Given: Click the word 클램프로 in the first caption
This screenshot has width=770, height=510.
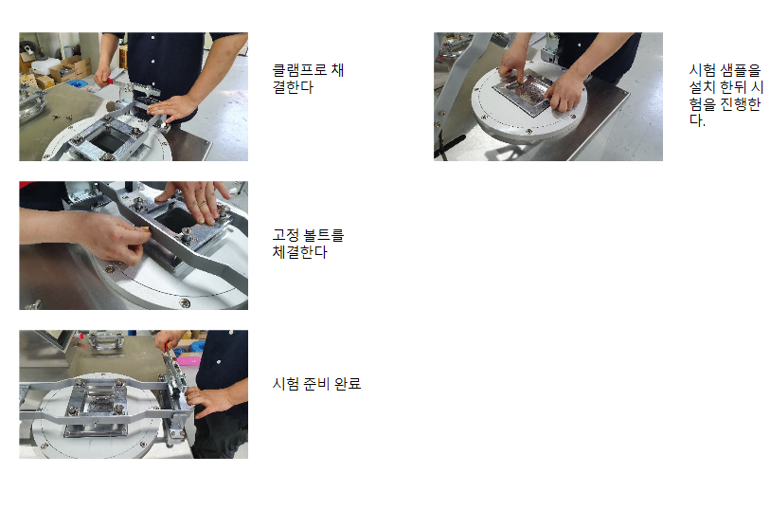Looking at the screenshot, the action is click(300, 70).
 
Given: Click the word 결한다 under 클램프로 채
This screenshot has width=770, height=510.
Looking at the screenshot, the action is click(293, 87).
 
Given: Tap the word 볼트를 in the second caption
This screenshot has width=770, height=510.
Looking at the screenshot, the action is click(324, 235).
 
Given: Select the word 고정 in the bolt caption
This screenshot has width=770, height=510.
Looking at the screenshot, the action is click(286, 235).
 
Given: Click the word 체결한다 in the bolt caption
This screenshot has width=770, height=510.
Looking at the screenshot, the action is click(299, 252).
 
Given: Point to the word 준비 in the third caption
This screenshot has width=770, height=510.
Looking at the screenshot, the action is click(316, 383).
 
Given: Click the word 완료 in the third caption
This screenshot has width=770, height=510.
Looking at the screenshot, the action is click(348, 383).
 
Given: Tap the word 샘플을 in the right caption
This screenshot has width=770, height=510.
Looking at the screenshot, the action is click(740, 70).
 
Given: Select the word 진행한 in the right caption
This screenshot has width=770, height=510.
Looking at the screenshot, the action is click(740, 103).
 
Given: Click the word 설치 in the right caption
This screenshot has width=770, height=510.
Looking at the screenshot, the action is click(702, 87).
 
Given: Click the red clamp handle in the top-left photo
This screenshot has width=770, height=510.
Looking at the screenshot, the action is click(109, 80).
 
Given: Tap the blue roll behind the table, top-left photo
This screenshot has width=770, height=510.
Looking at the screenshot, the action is click(75, 83).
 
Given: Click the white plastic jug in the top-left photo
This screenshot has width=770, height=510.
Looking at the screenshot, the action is click(45, 66).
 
